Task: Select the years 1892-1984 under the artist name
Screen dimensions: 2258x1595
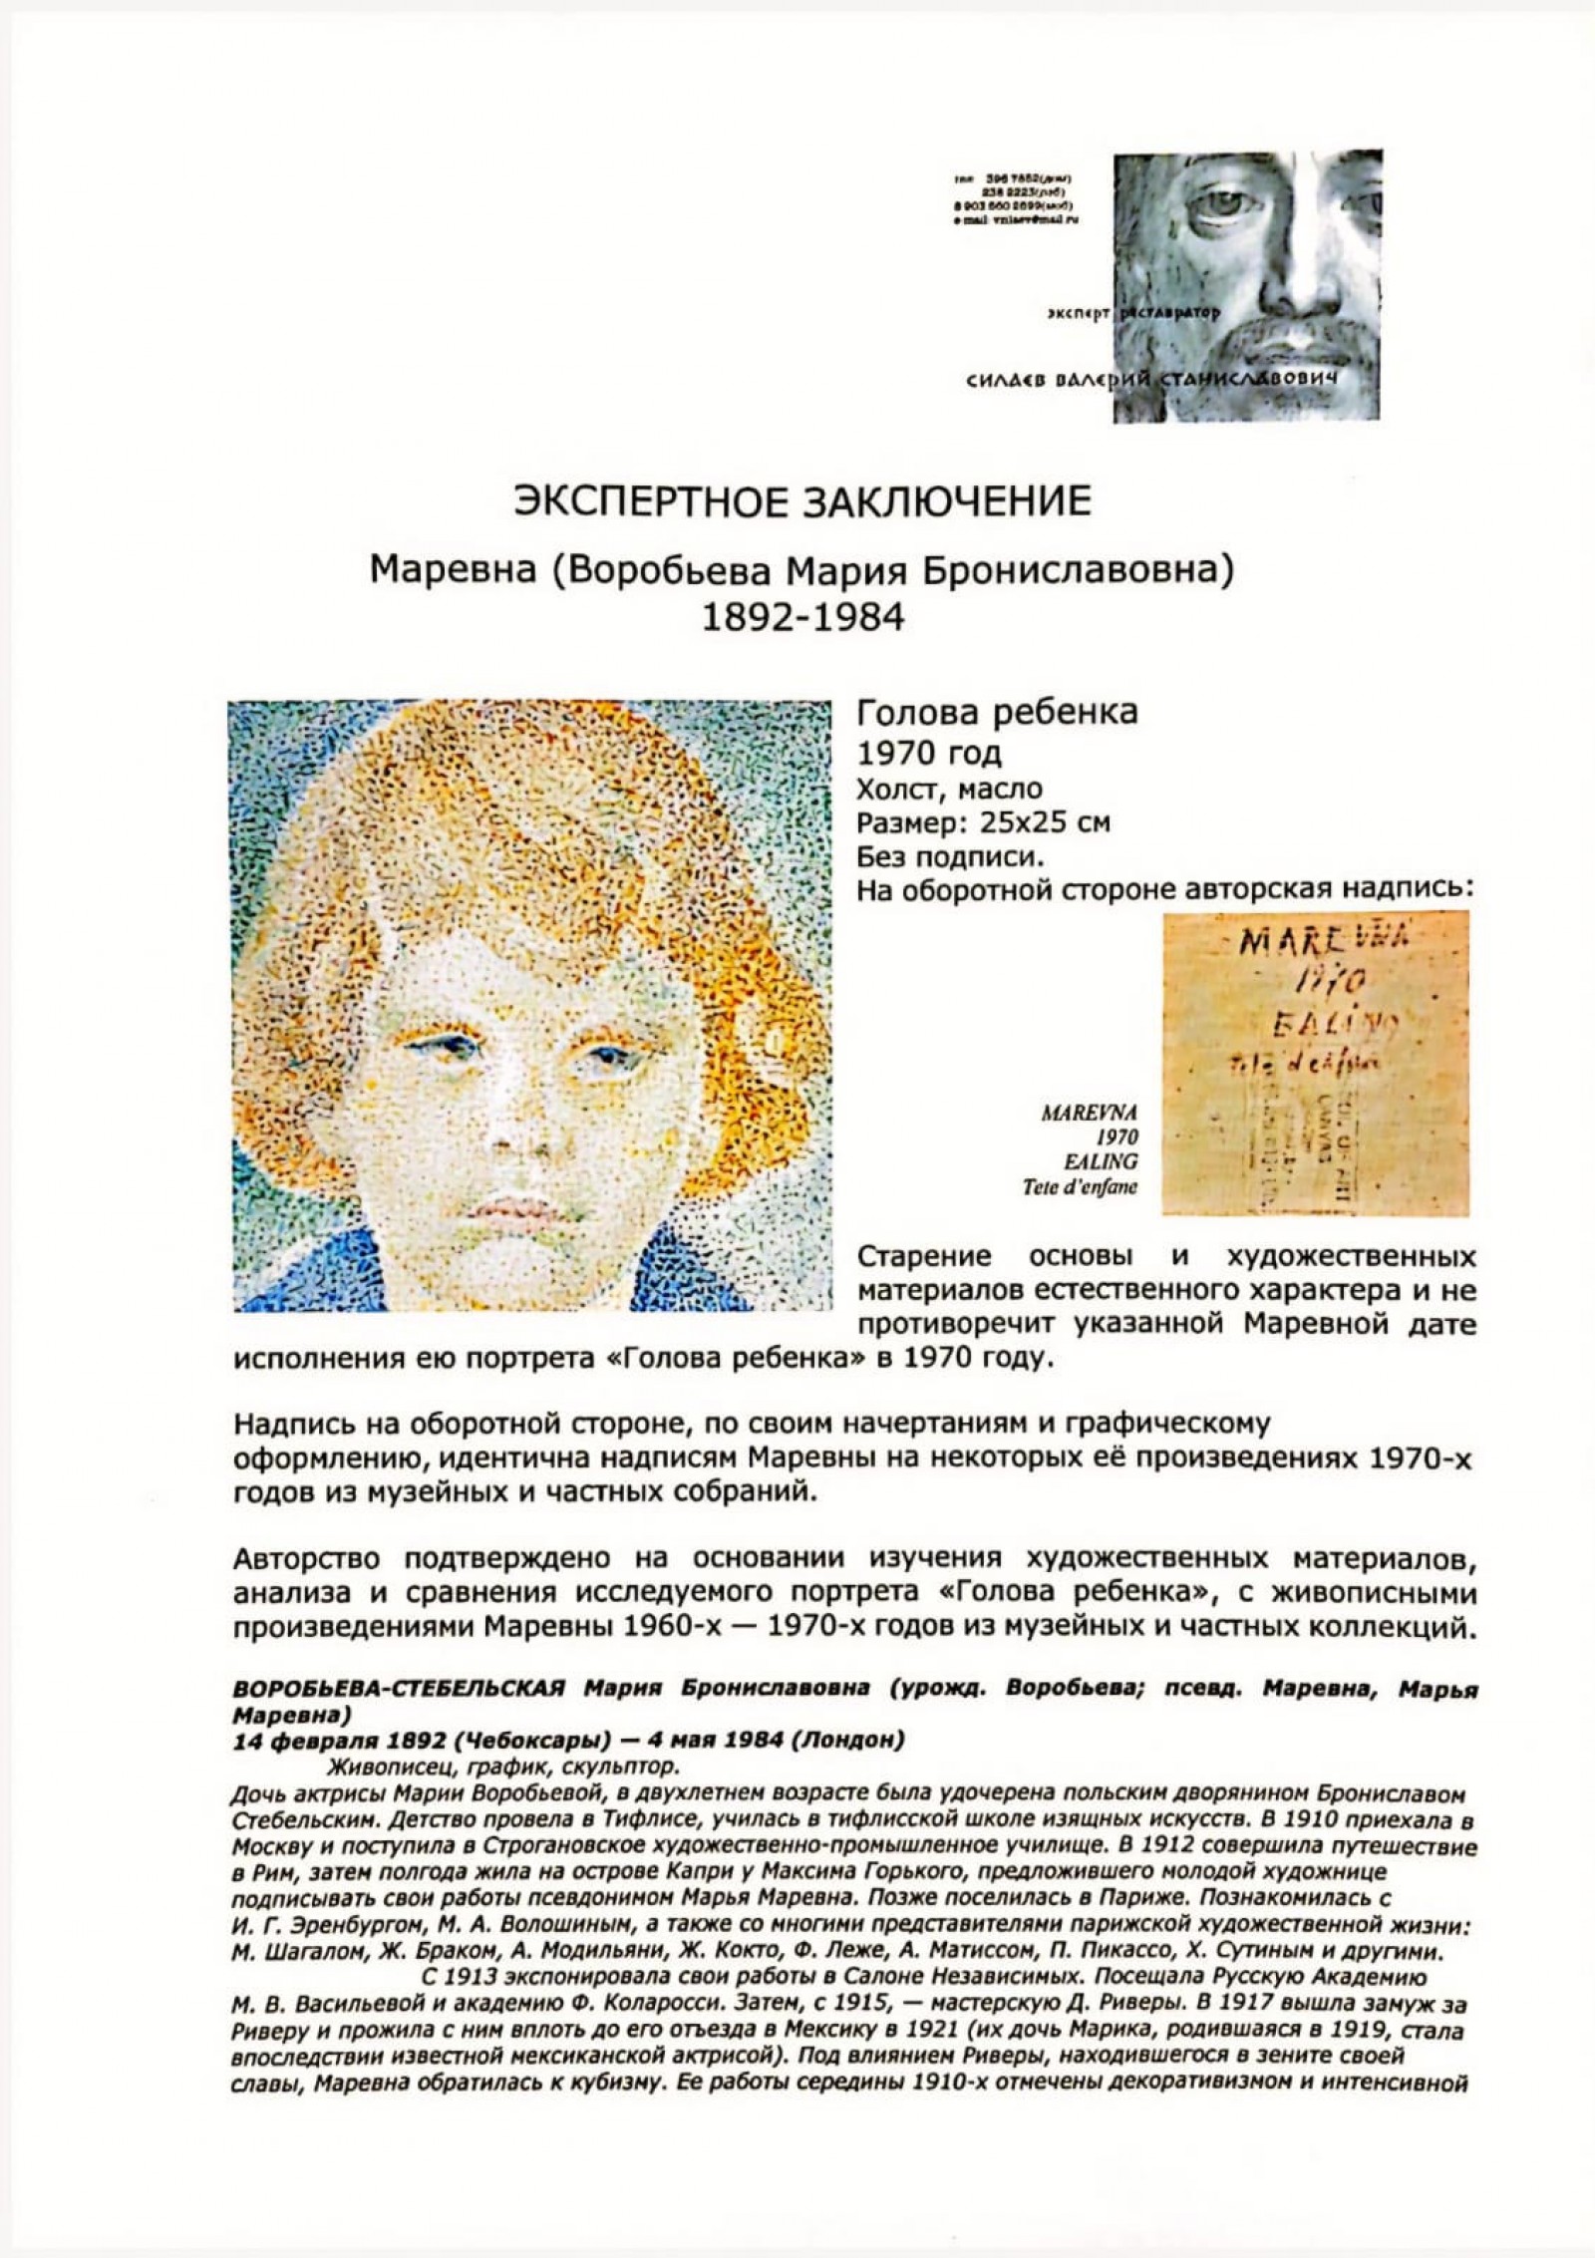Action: (803, 618)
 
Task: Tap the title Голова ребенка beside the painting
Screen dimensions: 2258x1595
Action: (997, 713)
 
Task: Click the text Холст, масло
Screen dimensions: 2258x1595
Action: (949, 789)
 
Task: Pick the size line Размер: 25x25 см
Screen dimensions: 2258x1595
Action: (983, 822)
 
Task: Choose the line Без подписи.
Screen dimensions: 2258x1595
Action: (950, 856)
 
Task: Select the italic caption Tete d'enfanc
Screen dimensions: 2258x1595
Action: (1079, 1186)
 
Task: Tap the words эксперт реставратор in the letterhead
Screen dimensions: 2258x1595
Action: (1133, 313)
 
